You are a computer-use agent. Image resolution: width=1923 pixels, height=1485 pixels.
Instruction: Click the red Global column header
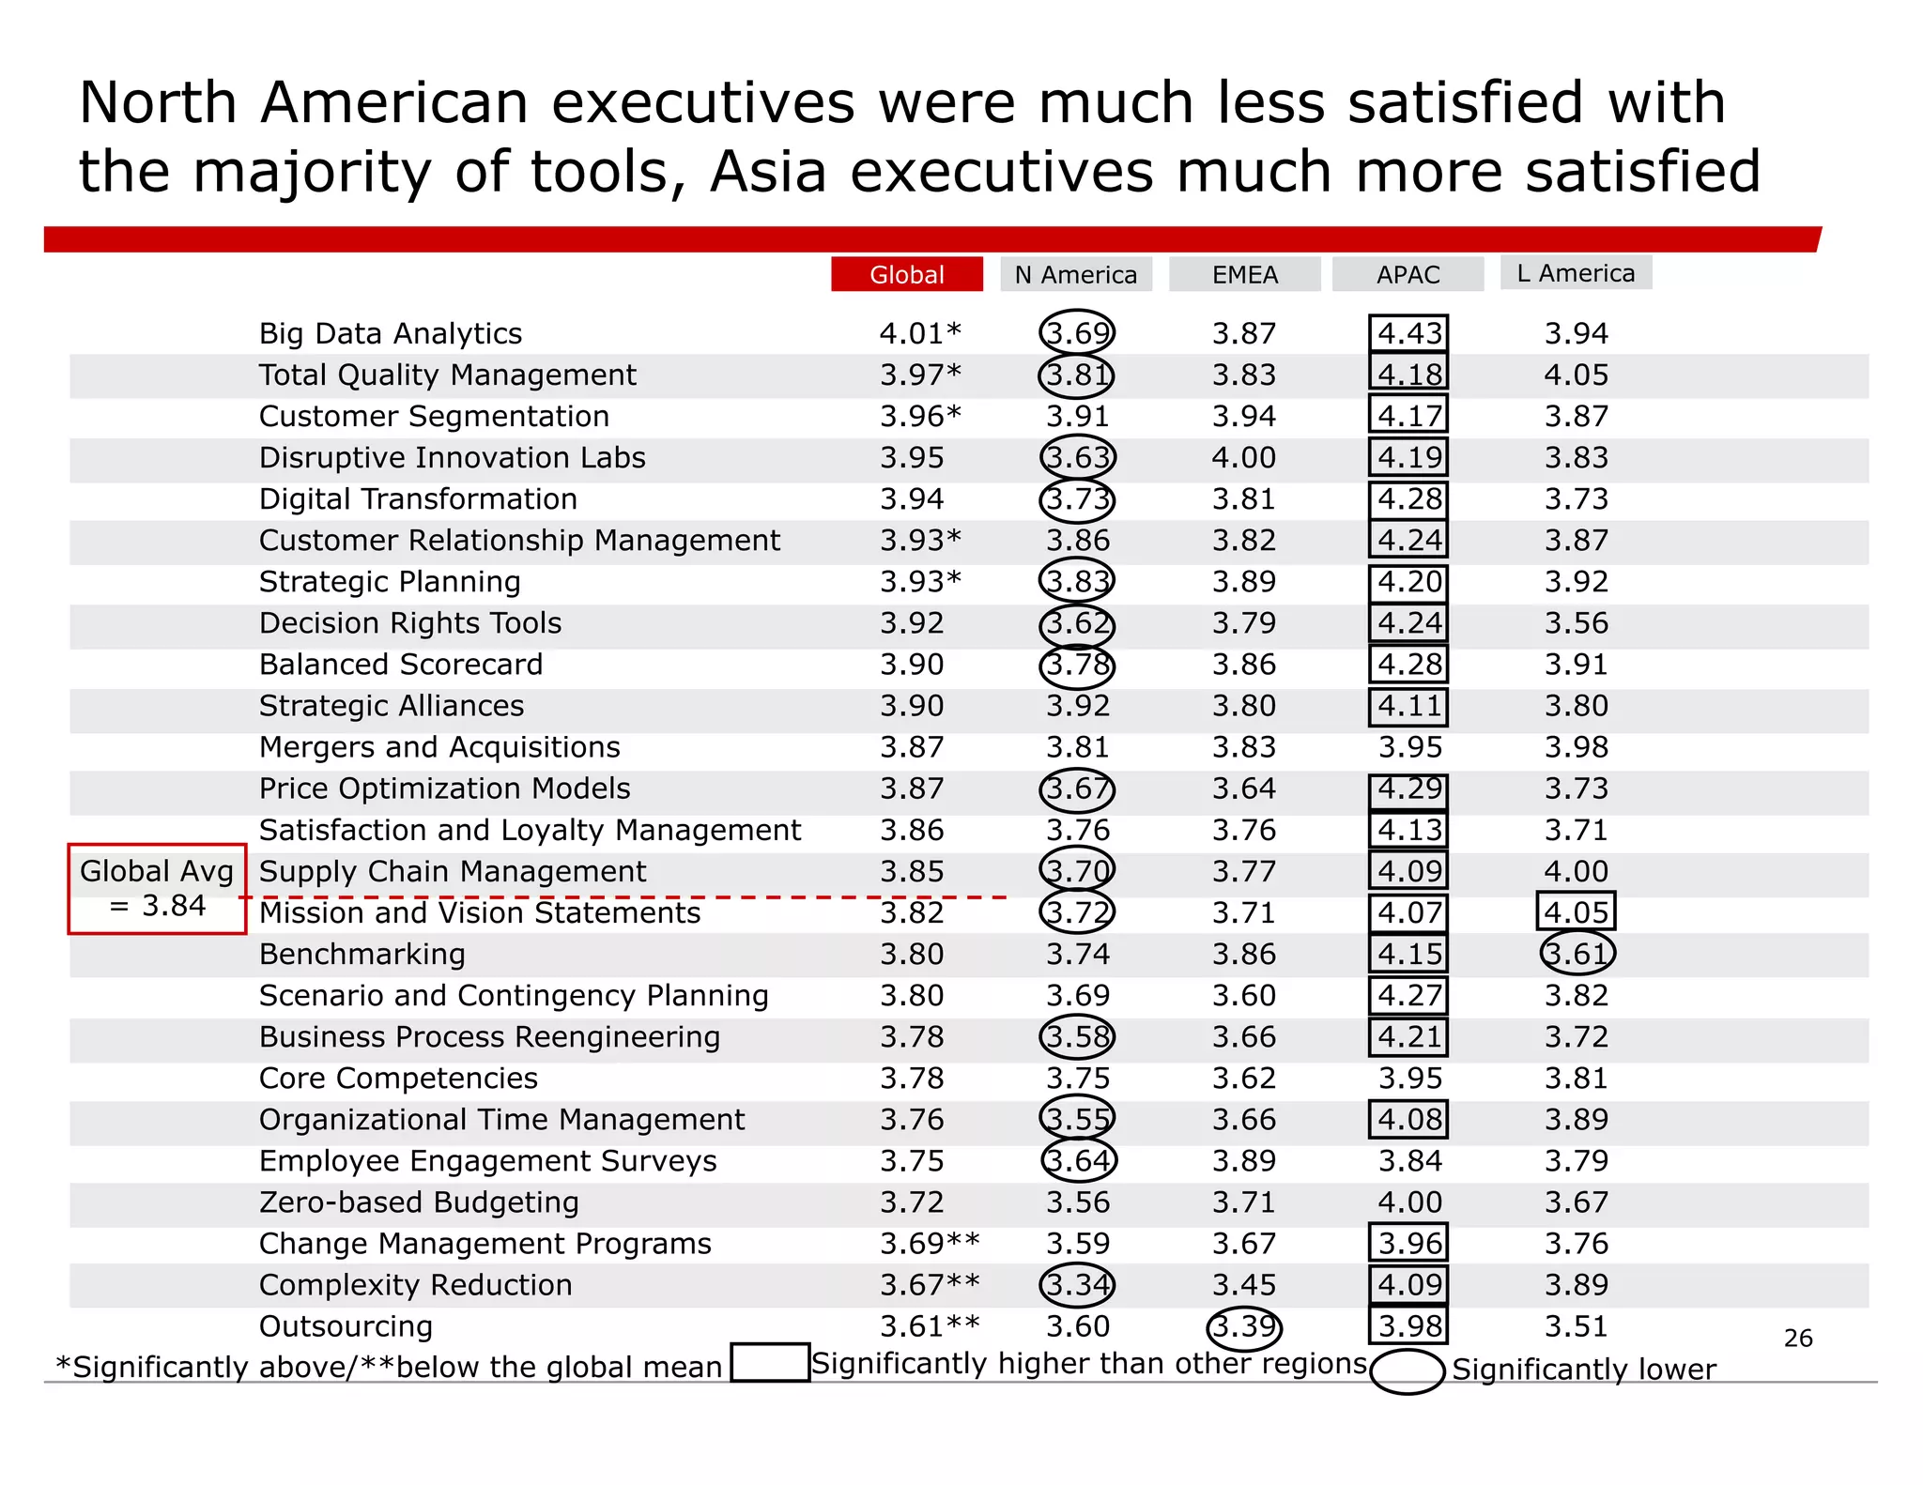[906, 274]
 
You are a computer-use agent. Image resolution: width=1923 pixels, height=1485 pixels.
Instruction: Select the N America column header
[1075, 274]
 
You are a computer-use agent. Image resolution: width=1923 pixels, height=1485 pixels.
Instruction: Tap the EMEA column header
[1244, 274]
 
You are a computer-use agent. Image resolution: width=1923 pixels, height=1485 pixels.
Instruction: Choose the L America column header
[1576, 272]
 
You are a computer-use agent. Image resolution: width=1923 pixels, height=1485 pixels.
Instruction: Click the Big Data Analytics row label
[390, 333]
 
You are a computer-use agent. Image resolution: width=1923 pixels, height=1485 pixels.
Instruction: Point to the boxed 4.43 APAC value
[1408, 333]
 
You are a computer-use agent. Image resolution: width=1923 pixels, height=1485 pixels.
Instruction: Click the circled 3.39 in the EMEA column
[1243, 1326]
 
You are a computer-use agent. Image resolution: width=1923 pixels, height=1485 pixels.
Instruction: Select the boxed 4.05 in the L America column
[1576, 911]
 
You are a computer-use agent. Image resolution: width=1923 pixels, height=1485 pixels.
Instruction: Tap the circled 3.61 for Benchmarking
[1577, 954]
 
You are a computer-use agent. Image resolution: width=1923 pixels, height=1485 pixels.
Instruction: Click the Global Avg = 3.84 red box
[157, 888]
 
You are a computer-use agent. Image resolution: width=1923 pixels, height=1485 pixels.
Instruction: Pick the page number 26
[1797, 1338]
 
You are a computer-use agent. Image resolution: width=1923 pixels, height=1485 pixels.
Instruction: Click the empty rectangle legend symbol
[769, 1362]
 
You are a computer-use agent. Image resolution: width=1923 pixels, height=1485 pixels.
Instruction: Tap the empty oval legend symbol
[1407, 1371]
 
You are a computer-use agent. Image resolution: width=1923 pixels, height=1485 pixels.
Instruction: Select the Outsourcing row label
[346, 1326]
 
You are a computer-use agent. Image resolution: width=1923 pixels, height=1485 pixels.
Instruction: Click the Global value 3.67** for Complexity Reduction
[929, 1285]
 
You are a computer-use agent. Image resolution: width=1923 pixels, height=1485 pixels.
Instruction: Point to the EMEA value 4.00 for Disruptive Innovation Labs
[1243, 458]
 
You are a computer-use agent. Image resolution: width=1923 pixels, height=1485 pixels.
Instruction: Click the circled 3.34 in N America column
[1077, 1285]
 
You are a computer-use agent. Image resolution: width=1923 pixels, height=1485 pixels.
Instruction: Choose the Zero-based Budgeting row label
[419, 1202]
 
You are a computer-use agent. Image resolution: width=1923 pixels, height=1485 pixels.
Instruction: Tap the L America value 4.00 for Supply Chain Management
[1576, 871]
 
